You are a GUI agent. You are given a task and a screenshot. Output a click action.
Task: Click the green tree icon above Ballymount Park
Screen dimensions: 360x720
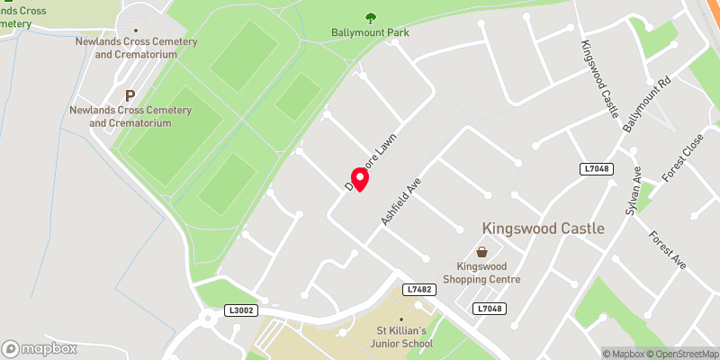point(370,17)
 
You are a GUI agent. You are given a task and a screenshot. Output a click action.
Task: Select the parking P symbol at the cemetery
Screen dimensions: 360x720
point(130,94)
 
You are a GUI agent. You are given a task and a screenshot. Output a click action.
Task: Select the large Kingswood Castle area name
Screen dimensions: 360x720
point(543,229)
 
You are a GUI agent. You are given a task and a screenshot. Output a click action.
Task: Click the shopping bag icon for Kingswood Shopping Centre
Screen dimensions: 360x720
point(481,252)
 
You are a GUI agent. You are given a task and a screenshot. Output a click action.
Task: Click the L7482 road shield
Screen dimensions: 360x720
point(420,289)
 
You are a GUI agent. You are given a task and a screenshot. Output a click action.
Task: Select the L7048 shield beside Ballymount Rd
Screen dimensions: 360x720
point(595,168)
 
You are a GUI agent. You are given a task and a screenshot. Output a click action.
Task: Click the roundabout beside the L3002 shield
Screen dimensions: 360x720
point(210,318)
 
